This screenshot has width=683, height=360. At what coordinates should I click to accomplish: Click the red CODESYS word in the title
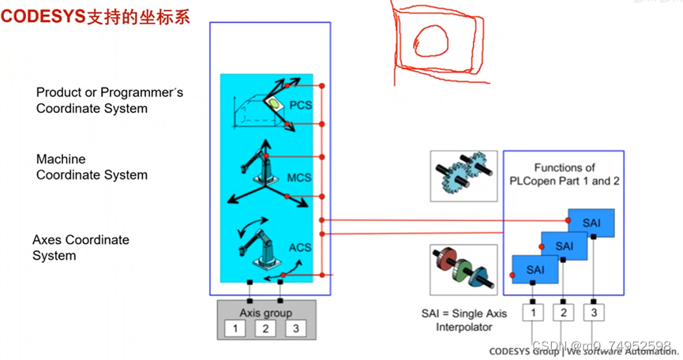pyautogui.click(x=43, y=16)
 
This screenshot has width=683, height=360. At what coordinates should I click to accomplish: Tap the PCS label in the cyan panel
pyautogui.click(x=301, y=104)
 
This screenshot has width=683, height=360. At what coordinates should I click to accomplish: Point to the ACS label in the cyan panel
pyautogui.click(x=300, y=247)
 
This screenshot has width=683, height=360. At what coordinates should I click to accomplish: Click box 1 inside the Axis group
pyautogui.click(x=235, y=328)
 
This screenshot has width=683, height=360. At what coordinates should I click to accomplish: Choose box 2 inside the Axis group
pyautogui.click(x=265, y=328)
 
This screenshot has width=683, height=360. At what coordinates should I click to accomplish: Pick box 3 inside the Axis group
pyautogui.click(x=295, y=328)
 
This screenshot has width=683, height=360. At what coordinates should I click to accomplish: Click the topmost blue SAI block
pyautogui.click(x=592, y=223)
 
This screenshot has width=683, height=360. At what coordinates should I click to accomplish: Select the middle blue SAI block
pyautogui.click(x=564, y=246)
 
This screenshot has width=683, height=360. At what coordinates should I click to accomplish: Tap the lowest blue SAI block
pyautogui.click(x=535, y=269)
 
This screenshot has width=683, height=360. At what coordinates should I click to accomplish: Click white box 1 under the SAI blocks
pyautogui.click(x=533, y=313)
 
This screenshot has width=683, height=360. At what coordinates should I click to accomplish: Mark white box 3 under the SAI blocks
pyautogui.click(x=593, y=313)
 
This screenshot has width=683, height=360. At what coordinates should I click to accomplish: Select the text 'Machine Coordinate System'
pyautogui.click(x=92, y=167)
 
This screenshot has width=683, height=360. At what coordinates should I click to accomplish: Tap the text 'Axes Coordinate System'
pyautogui.click(x=81, y=247)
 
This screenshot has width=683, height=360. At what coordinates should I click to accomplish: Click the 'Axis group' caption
pyautogui.click(x=265, y=313)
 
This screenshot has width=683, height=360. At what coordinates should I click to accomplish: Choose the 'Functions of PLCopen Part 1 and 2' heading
pyautogui.click(x=564, y=174)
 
